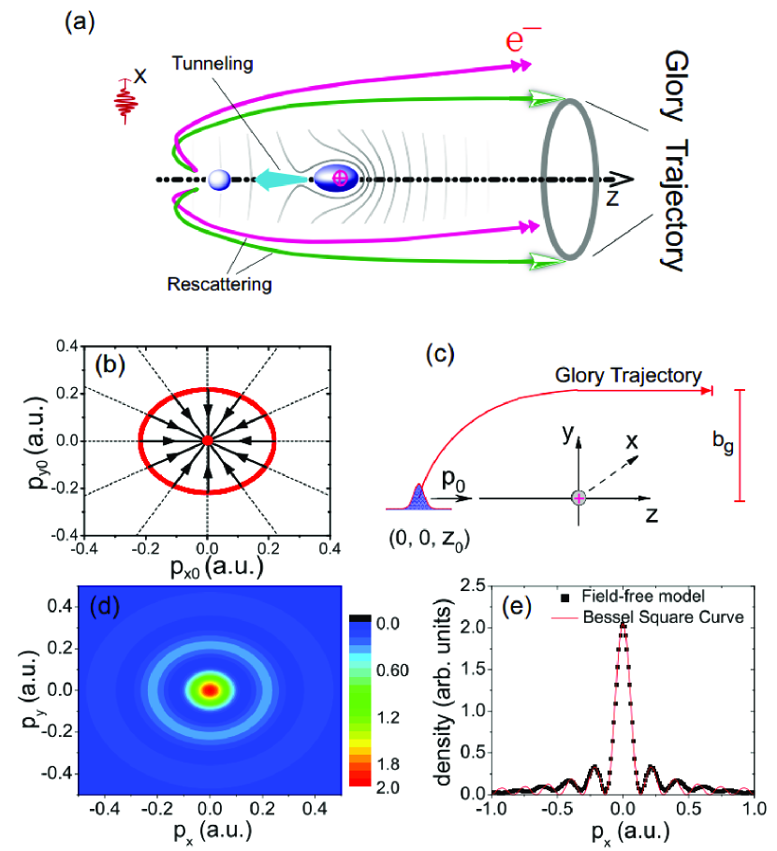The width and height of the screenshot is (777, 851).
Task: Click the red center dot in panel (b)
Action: coord(207,440)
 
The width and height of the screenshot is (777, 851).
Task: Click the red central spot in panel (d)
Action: coord(211,690)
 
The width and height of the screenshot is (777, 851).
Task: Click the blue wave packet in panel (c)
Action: coord(418,498)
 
